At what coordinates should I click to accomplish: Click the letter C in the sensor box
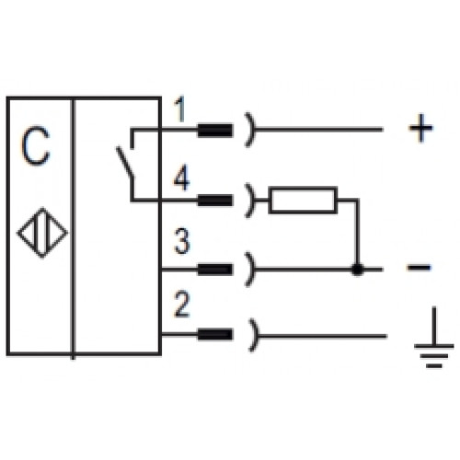[35, 145]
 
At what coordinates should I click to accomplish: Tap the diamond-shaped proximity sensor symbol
[42, 233]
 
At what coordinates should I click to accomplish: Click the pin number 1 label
[180, 109]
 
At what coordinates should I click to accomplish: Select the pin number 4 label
[181, 178]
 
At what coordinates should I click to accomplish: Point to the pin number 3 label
[181, 241]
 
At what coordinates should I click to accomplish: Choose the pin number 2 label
[181, 304]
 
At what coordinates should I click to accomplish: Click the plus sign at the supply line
[420, 128]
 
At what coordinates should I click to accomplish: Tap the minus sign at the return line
[419, 268]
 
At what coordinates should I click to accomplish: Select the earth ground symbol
[434, 337]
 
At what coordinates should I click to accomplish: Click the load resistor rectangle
[303, 200]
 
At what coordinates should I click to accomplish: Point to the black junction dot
[357, 270]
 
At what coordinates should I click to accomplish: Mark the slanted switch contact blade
[124, 163]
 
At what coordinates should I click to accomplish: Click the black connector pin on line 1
[215, 130]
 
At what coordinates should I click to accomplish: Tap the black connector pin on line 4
[215, 201]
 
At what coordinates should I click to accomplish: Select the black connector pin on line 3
[215, 270]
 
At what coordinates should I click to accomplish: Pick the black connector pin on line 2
[215, 334]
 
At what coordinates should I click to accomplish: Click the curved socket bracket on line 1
[252, 130]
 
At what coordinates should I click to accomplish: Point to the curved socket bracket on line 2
[255, 335]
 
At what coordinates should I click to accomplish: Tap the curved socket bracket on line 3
[252, 270]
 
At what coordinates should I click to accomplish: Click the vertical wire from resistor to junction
[357, 233]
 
